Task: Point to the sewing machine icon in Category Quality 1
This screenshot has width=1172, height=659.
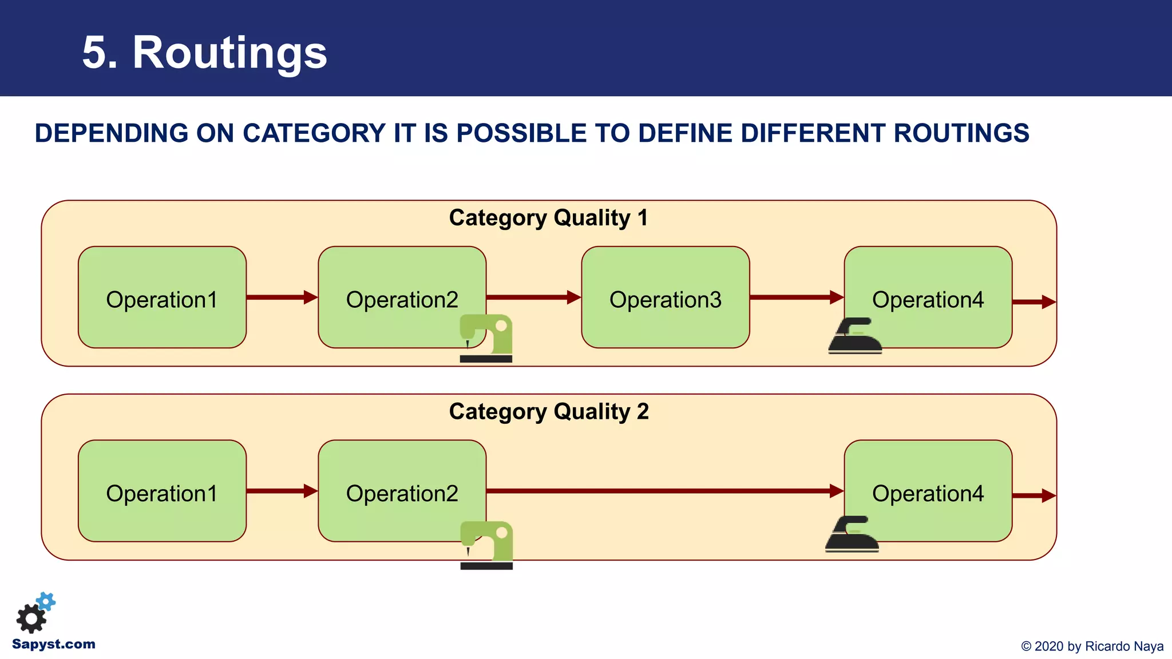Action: tap(486, 338)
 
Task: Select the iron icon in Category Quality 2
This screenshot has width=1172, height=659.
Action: tap(852, 534)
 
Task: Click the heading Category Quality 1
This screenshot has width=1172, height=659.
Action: tap(548, 218)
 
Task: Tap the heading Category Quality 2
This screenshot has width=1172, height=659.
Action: tap(548, 412)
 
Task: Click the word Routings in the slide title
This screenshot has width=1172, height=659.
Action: tap(229, 53)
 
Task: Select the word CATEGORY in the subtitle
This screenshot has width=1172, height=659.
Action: tap(314, 133)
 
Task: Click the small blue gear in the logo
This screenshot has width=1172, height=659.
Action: tap(46, 601)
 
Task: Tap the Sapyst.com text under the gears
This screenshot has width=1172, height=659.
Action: tap(53, 644)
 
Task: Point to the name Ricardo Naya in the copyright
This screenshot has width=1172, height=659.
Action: tap(1124, 646)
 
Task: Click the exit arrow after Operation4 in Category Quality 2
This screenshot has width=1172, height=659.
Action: tap(1034, 495)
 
